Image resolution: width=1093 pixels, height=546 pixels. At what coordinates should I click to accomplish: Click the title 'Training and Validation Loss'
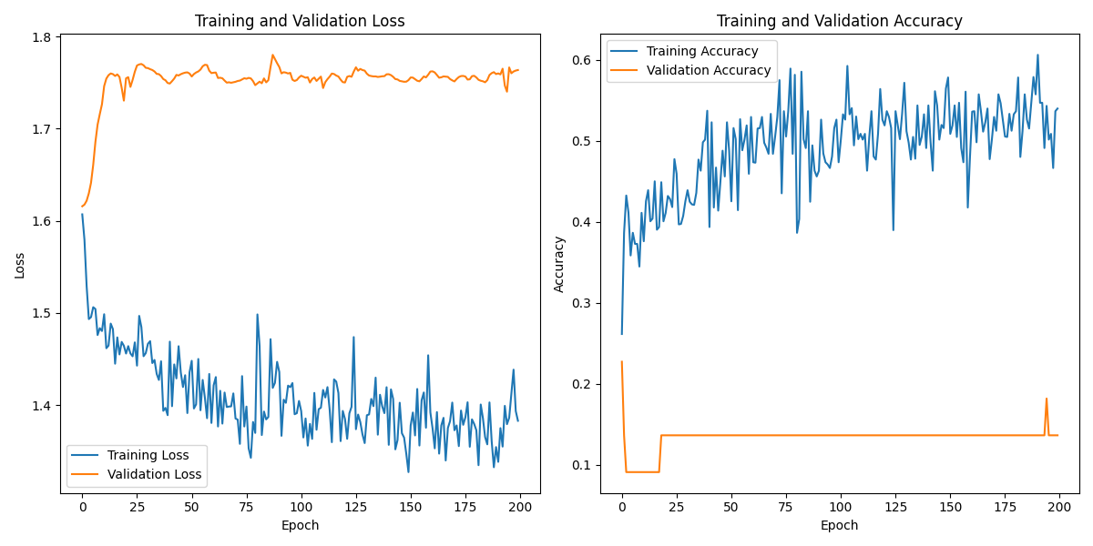click(x=300, y=21)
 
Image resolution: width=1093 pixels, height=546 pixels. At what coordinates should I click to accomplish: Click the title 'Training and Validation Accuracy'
click(x=839, y=21)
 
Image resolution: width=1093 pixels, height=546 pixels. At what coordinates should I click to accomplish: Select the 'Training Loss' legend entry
click(x=148, y=455)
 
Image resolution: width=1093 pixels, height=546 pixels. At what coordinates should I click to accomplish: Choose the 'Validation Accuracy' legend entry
click(x=709, y=70)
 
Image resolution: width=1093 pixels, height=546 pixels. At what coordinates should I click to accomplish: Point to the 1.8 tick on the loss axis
click(x=43, y=36)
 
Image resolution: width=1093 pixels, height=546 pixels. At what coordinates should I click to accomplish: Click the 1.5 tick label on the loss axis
click(x=43, y=313)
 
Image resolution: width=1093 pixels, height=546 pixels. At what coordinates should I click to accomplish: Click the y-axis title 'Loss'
click(x=19, y=265)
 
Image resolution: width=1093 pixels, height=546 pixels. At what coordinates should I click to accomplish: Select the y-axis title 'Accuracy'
click(x=559, y=264)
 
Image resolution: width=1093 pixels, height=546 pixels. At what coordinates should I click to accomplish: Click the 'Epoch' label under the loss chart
click(x=300, y=525)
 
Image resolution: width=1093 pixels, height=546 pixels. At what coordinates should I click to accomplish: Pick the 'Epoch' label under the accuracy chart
click(x=839, y=525)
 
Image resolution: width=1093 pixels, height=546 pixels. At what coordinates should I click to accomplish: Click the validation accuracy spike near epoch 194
click(x=1047, y=399)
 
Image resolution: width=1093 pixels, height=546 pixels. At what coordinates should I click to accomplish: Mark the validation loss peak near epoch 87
click(x=272, y=55)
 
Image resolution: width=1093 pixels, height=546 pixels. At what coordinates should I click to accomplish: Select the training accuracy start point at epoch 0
click(x=622, y=333)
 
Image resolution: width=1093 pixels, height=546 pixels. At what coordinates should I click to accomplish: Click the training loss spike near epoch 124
click(x=353, y=337)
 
